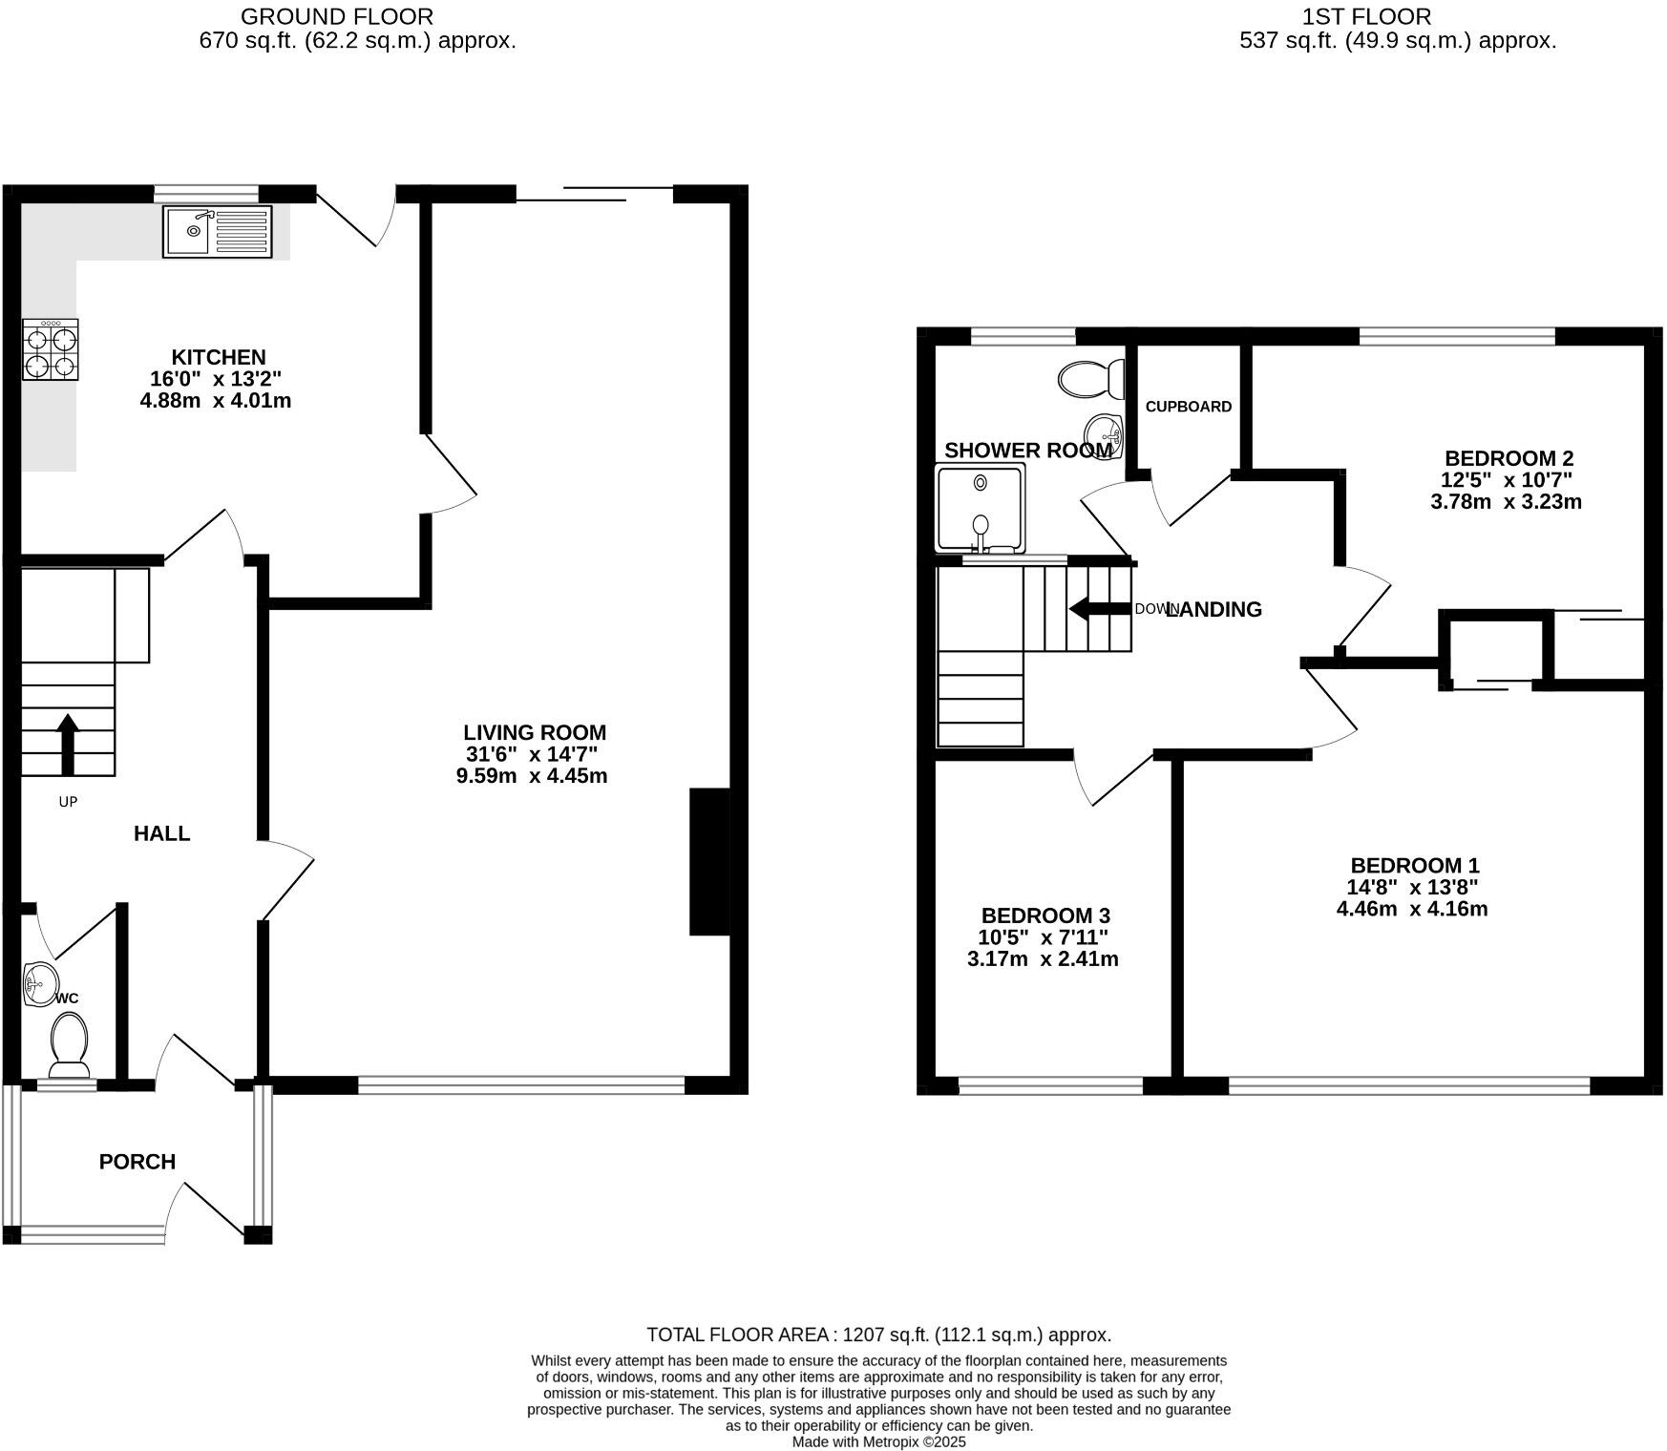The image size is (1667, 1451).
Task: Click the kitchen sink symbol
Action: [x=218, y=231]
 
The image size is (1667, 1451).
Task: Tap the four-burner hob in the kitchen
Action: [x=51, y=350]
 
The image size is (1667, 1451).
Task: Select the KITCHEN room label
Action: [x=219, y=357]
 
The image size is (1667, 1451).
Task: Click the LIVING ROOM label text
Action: [x=535, y=732]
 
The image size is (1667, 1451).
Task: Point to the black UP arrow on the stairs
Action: [x=68, y=744]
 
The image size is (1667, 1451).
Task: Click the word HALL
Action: [x=161, y=833]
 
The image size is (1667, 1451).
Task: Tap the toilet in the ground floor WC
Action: [x=69, y=1046]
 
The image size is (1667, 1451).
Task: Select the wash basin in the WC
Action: [x=40, y=984]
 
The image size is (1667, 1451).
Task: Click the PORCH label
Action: [x=137, y=1162]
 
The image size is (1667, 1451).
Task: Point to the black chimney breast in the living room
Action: [x=709, y=861]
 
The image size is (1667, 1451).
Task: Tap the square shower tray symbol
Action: [x=981, y=508]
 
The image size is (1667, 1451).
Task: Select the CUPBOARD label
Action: [x=1188, y=407]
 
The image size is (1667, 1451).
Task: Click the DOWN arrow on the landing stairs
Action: [x=1099, y=609]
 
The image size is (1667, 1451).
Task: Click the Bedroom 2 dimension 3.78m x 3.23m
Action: [x=1506, y=502]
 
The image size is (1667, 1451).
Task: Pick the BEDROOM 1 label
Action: [x=1415, y=865]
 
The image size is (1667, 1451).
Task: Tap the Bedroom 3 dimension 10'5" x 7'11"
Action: [x=1044, y=937]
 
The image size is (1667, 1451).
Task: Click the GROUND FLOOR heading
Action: [x=336, y=16]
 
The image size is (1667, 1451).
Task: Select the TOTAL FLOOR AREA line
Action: [x=878, y=1335]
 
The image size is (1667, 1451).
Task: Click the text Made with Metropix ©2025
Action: [x=878, y=1442]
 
